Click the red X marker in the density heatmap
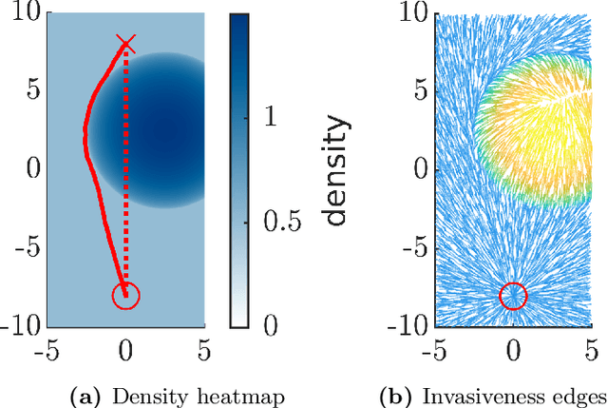[x=126, y=43]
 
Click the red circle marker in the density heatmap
[x=125, y=296]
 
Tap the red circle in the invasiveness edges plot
[x=513, y=296]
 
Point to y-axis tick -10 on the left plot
[x=18, y=325]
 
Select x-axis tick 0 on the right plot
[x=514, y=350]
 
